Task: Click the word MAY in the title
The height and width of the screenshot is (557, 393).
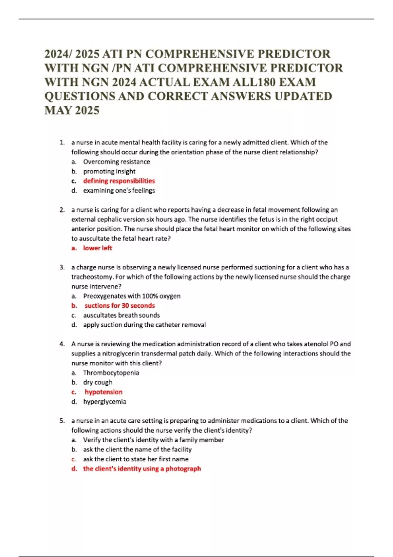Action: point(58,110)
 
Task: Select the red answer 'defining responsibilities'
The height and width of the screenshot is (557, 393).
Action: point(119,181)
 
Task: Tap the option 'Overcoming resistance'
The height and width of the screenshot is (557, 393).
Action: point(117,162)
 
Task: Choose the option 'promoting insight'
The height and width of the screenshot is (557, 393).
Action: point(109,171)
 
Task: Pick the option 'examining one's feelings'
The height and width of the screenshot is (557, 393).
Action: point(119,190)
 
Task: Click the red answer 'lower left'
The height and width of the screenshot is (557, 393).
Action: point(98,248)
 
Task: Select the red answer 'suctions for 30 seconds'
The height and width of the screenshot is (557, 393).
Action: point(120,306)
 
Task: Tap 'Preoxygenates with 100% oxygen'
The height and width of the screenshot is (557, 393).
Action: point(132,296)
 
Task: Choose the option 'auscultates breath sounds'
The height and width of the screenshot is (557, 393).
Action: point(122,315)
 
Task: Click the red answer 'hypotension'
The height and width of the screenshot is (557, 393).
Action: point(103,392)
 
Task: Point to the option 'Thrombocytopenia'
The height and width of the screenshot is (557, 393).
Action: point(111,373)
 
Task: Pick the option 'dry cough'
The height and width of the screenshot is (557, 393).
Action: point(98,382)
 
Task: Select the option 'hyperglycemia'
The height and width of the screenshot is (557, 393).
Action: point(104,402)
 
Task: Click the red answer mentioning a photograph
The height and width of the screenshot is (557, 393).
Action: point(142,469)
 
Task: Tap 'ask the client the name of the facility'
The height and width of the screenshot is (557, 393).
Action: point(137,450)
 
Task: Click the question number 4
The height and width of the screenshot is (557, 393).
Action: point(62,344)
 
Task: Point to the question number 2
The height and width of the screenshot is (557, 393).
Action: point(62,210)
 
